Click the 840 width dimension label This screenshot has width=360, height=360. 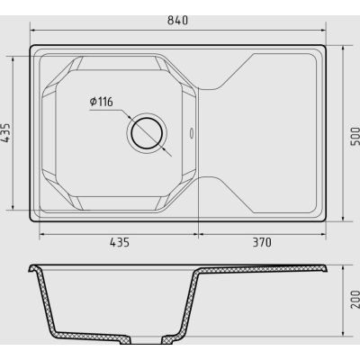tap(178, 21)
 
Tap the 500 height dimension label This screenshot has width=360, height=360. tap(355, 136)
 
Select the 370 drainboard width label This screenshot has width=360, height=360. tap(262, 242)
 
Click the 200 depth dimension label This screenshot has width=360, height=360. tap(355, 299)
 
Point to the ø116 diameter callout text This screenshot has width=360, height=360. tap(102, 102)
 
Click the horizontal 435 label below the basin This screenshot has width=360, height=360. tap(120, 242)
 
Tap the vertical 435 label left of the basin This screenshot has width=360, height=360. tap(6, 133)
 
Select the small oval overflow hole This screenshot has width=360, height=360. tap(192, 133)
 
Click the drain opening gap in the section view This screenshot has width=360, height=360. tap(147, 337)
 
